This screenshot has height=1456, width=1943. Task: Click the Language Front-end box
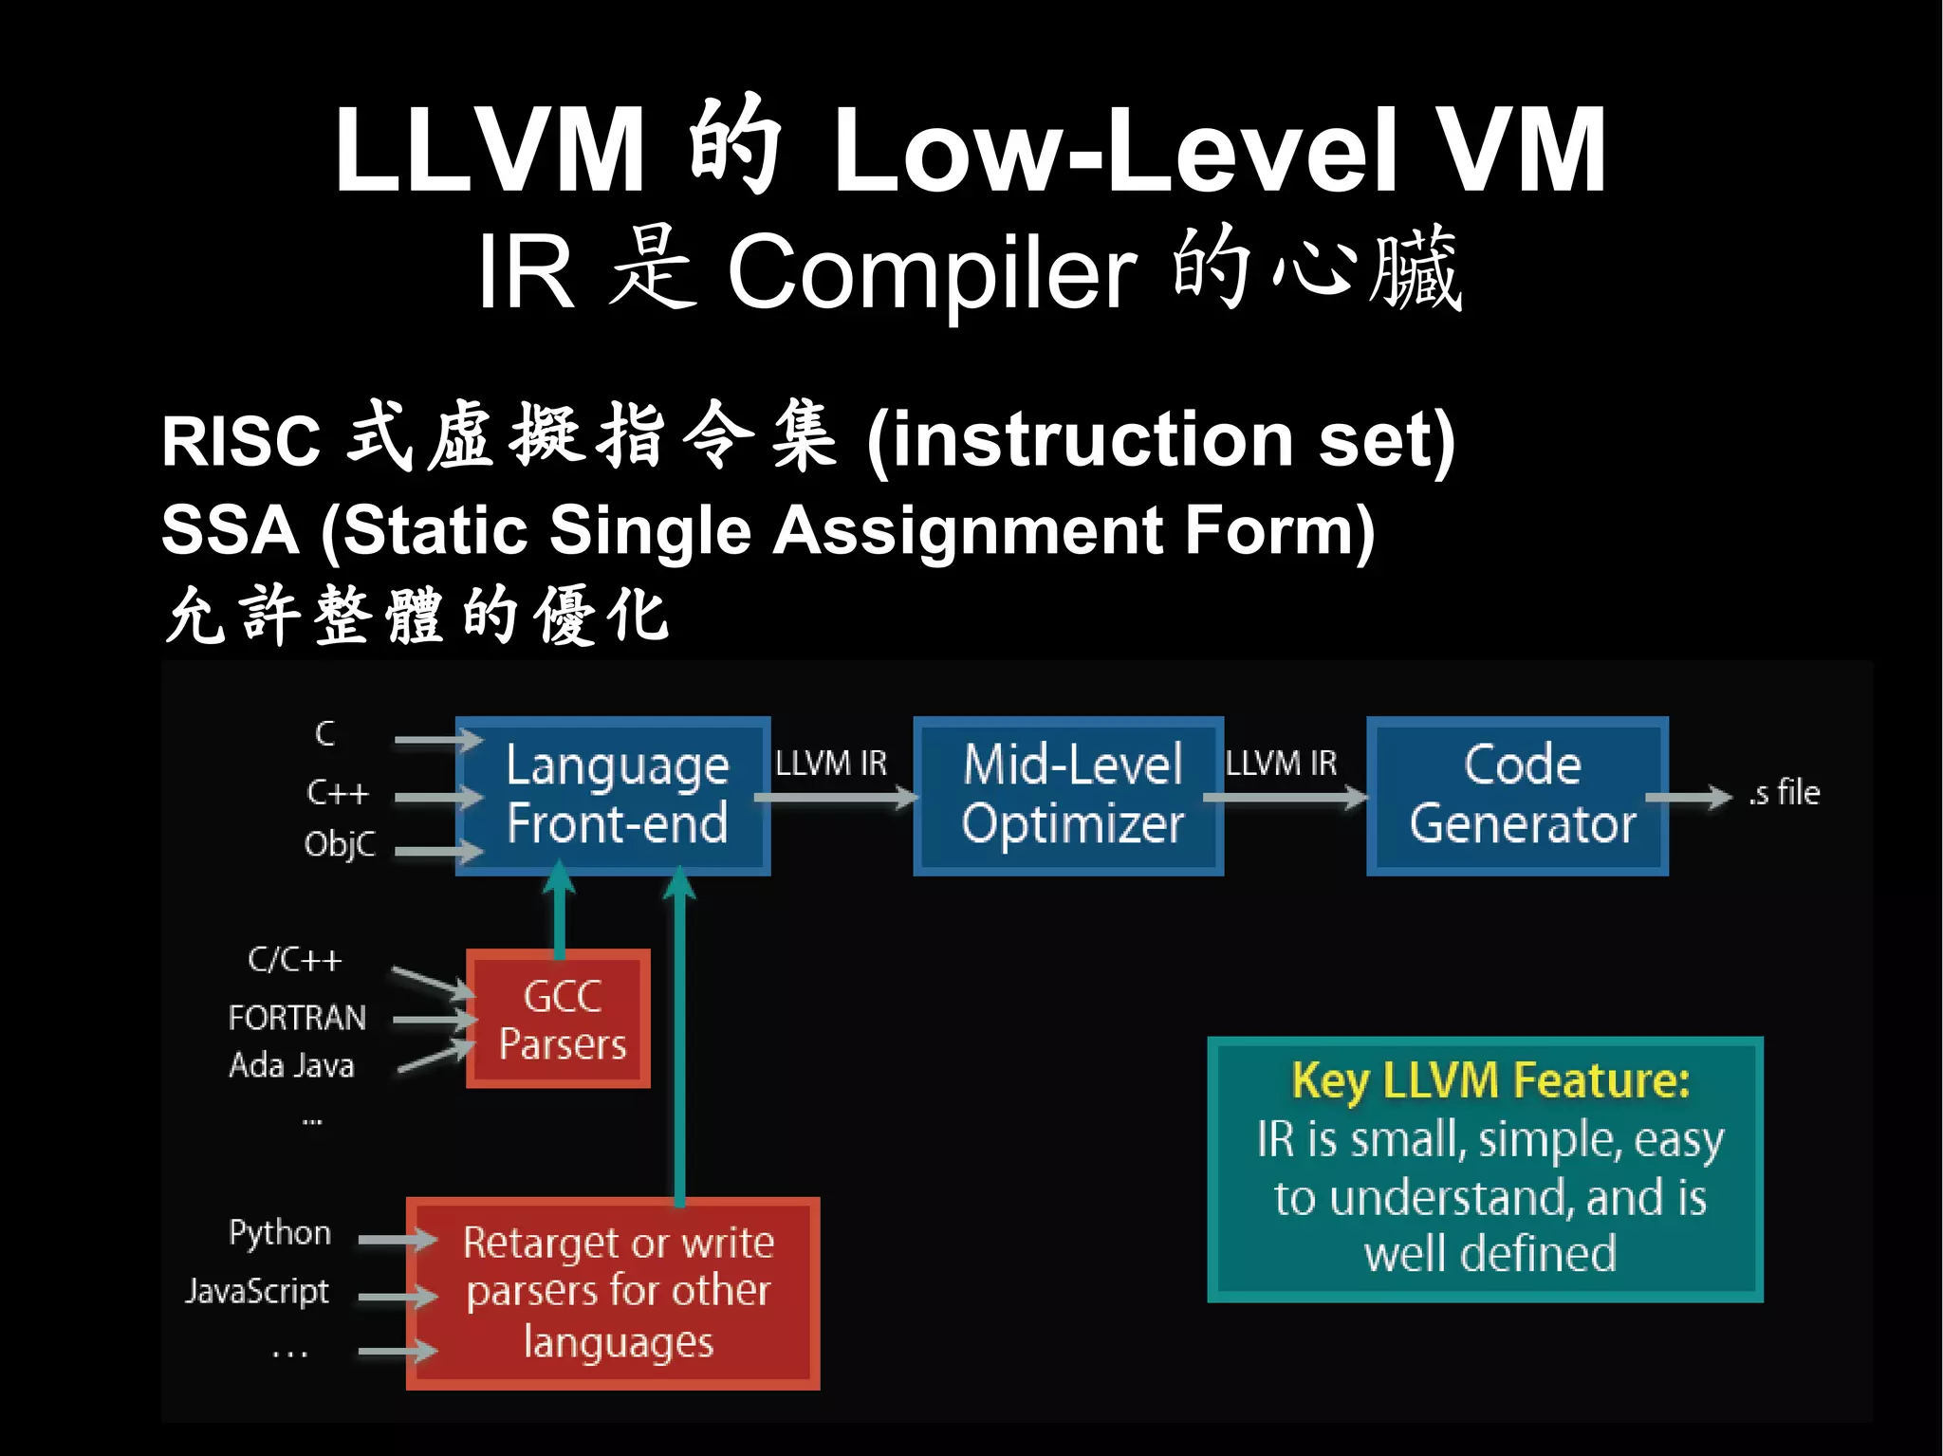tap(614, 795)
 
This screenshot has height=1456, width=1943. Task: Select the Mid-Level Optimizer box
tap(1069, 795)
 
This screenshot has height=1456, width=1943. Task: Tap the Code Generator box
tap(1518, 795)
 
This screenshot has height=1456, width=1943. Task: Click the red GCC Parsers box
tap(560, 1019)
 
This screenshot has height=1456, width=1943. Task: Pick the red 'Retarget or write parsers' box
tap(614, 1293)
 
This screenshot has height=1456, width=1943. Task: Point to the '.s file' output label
tap(1784, 793)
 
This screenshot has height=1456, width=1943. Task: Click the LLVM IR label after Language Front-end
tap(831, 764)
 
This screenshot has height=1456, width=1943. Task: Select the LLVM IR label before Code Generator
tap(1281, 764)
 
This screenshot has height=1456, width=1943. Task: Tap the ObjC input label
tap(340, 844)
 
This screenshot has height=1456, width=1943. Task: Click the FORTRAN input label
tap(297, 1018)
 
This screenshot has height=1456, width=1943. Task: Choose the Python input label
tap(280, 1232)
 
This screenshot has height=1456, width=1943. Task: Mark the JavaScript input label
tap(257, 1291)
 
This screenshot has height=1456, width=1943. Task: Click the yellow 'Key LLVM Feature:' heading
tap(1490, 1080)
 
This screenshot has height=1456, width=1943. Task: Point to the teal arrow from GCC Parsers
tap(560, 911)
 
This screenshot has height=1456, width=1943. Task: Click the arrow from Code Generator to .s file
tap(1689, 798)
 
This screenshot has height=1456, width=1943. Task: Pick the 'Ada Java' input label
tap(291, 1065)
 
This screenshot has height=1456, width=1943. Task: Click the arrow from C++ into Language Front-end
tap(436, 798)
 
